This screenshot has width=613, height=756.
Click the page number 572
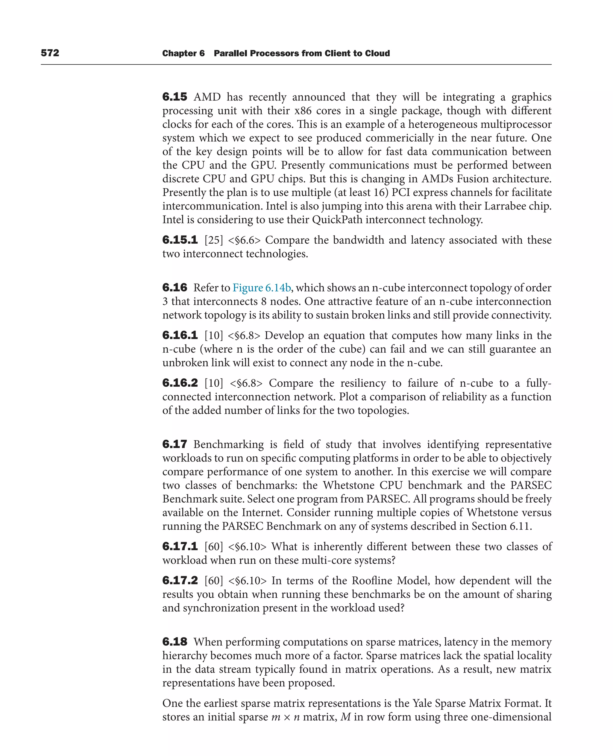pyautogui.click(x=50, y=53)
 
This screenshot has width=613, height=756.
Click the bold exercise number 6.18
pyautogui.click(x=175, y=642)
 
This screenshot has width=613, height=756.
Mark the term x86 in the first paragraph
pyautogui.click(x=303, y=110)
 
